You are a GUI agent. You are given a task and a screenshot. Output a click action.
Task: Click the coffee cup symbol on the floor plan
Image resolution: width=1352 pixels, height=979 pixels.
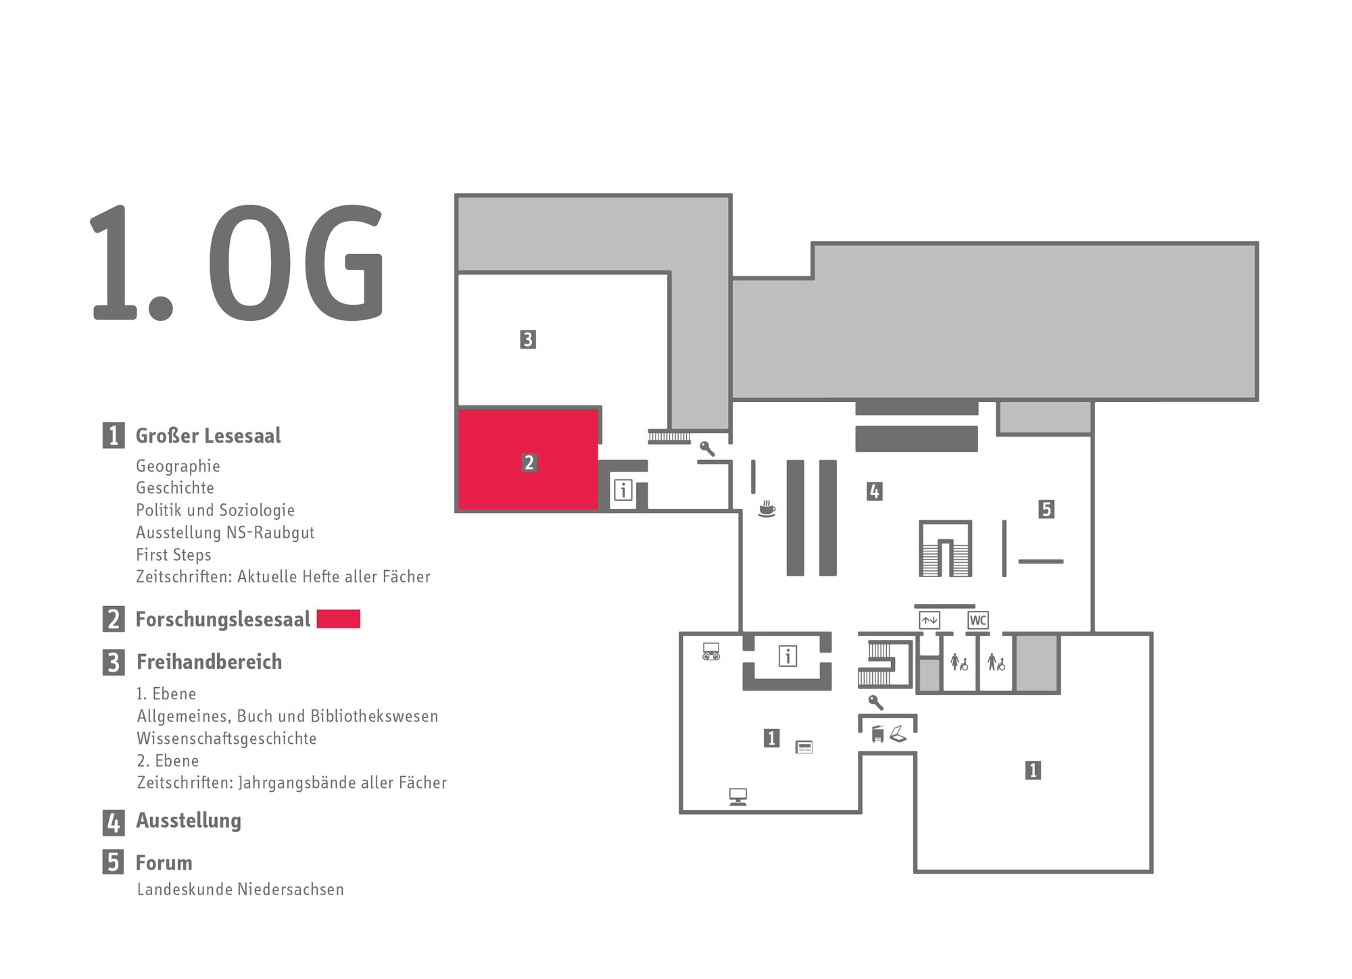767,509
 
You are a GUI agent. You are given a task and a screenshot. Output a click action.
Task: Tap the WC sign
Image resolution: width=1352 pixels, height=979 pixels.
977,620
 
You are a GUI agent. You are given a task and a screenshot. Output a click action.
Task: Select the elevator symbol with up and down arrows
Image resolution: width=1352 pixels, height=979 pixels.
930,620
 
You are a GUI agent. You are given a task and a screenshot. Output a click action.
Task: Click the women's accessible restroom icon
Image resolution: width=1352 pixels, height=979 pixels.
959,662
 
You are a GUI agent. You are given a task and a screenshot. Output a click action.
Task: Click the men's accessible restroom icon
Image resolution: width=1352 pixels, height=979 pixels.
996,662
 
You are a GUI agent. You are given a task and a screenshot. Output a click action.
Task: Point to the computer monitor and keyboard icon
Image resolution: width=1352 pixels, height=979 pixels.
738,797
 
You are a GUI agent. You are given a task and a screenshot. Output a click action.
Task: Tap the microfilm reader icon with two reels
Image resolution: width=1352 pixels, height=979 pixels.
711,651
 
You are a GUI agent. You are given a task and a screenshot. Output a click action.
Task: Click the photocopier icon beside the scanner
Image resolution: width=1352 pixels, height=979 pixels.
878,734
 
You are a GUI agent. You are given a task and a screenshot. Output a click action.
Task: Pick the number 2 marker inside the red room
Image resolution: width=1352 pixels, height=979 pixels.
529,463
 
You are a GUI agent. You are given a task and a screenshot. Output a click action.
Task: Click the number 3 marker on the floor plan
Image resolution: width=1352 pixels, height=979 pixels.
528,339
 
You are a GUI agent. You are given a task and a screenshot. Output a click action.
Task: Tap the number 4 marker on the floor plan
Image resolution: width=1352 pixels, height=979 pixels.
874,491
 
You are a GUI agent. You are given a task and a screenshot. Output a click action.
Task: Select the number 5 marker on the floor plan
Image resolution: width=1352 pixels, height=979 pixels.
1046,509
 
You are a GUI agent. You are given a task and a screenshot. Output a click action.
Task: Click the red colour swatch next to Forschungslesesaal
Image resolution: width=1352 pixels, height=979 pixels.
338,619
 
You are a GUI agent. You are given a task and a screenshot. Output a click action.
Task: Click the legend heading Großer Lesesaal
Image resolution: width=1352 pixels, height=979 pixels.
208,436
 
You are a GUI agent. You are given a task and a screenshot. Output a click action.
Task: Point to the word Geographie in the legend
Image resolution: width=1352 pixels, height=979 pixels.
178,466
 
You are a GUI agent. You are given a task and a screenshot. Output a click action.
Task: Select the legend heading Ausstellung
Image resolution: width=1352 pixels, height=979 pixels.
189,821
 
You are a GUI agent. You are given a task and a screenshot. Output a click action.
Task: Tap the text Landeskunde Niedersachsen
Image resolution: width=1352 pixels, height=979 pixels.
240,890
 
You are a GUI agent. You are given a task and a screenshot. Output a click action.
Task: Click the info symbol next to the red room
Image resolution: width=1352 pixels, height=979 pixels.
623,490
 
